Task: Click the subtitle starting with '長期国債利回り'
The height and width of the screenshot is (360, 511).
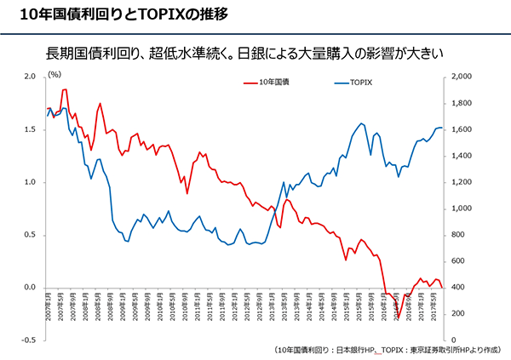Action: click(x=255, y=53)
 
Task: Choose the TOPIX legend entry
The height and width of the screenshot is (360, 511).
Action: click(x=351, y=83)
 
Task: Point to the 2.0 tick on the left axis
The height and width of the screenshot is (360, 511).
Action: click(x=29, y=77)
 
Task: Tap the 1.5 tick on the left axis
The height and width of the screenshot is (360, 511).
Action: click(x=29, y=129)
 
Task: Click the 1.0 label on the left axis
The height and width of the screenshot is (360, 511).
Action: click(x=29, y=182)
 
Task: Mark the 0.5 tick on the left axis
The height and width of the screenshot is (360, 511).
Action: click(x=29, y=235)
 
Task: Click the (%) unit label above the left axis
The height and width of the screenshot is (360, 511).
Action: click(x=55, y=75)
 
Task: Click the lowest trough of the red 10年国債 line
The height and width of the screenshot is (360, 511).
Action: click(x=398, y=317)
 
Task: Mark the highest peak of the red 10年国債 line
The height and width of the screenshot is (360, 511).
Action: click(x=65, y=89)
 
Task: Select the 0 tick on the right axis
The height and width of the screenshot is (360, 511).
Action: click(x=456, y=340)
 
